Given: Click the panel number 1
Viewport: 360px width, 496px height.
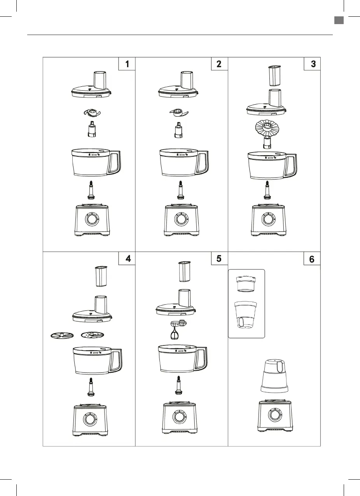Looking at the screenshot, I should click(x=128, y=64).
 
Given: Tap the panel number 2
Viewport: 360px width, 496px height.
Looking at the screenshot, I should click(x=219, y=64).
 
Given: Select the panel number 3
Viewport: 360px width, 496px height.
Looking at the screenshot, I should click(x=313, y=64).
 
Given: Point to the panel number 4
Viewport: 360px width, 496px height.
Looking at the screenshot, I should click(x=128, y=259).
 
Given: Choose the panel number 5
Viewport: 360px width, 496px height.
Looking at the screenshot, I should click(x=219, y=259).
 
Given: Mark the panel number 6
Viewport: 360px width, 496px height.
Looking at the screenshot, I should click(x=312, y=259).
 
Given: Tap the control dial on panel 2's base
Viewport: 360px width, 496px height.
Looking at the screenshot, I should click(x=180, y=219).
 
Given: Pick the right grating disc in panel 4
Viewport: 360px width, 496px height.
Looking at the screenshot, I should click(x=93, y=335).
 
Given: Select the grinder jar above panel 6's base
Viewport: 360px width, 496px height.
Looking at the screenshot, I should click(x=274, y=375).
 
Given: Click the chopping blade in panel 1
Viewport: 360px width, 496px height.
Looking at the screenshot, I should click(x=92, y=113).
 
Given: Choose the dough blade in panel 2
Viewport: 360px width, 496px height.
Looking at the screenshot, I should click(x=178, y=113).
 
